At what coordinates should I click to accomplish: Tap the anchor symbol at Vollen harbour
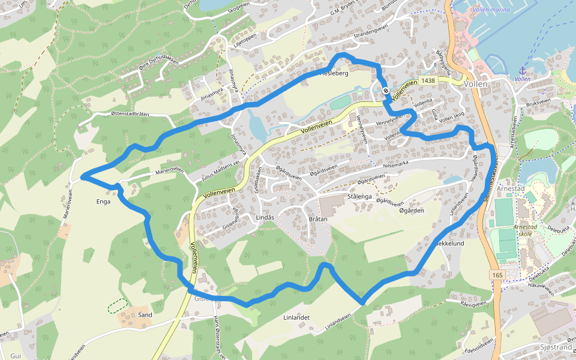[x=522, y=71]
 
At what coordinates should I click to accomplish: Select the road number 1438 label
[x=428, y=80]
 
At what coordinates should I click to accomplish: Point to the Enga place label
[x=103, y=202]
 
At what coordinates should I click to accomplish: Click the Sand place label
[x=145, y=315]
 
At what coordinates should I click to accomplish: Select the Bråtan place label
[x=317, y=219]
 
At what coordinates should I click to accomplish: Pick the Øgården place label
[x=412, y=210]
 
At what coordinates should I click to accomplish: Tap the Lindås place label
[x=265, y=217]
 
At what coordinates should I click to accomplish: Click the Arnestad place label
[x=524, y=189]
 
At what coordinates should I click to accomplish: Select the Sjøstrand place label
[x=556, y=347]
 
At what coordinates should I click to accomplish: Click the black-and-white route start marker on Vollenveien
[x=386, y=91]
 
